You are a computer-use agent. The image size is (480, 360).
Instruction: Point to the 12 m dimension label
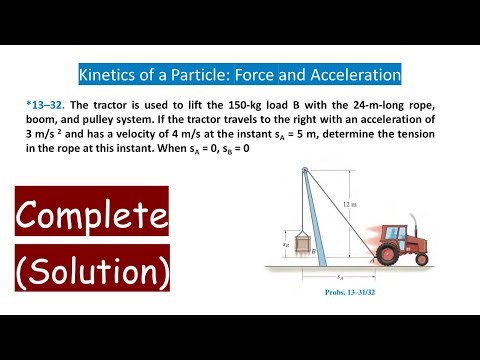pos(347,204)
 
